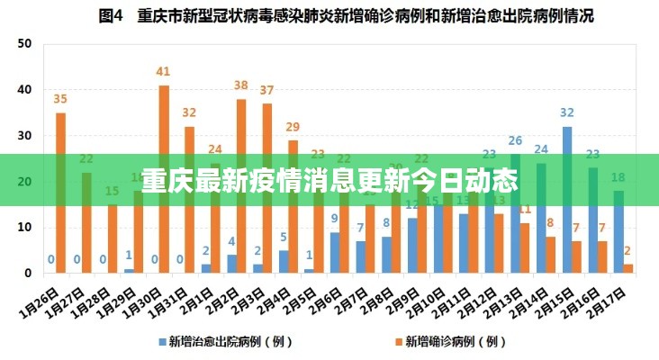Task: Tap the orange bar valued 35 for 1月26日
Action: (x=60, y=193)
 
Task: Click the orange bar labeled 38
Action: (x=241, y=185)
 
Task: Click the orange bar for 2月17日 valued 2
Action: (x=628, y=268)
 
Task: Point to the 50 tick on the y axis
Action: (x=24, y=44)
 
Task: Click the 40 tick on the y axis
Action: (x=24, y=90)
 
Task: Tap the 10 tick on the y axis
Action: (x=24, y=228)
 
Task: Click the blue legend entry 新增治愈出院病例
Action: (x=221, y=341)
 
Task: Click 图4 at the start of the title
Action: (x=110, y=15)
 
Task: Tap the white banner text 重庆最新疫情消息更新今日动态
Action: (x=329, y=180)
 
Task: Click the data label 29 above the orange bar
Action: (x=293, y=128)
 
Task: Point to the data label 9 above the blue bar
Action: (x=335, y=219)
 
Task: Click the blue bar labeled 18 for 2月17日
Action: (x=618, y=231)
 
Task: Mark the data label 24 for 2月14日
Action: (x=541, y=149)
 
